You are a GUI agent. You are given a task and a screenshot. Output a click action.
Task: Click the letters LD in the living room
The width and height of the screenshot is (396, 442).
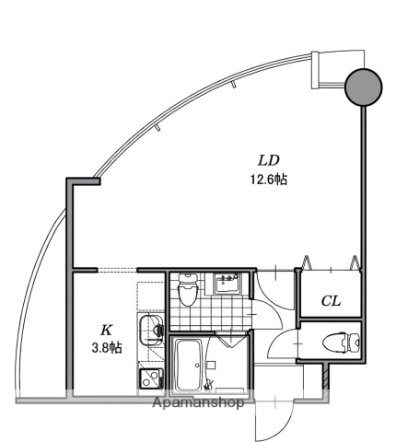(x=269, y=160)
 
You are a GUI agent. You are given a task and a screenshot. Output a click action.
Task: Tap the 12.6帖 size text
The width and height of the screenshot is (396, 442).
(x=269, y=180)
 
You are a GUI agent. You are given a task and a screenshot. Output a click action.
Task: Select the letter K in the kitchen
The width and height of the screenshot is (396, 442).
(x=106, y=331)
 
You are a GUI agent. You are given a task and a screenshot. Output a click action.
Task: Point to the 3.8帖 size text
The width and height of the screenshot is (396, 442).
(x=107, y=348)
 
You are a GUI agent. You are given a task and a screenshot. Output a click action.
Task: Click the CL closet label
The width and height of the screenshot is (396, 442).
(x=331, y=301)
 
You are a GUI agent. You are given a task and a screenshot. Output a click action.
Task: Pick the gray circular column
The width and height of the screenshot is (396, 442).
(x=364, y=87)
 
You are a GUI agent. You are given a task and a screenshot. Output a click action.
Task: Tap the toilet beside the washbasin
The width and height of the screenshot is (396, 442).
(x=187, y=289)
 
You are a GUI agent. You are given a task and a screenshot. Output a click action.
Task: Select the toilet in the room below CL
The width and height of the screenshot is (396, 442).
(x=342, y=343)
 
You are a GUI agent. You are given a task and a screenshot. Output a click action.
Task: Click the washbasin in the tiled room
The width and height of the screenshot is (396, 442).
(x=227, y=284)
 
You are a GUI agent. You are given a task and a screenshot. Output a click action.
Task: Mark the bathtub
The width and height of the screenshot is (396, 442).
(x=189, y=365)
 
